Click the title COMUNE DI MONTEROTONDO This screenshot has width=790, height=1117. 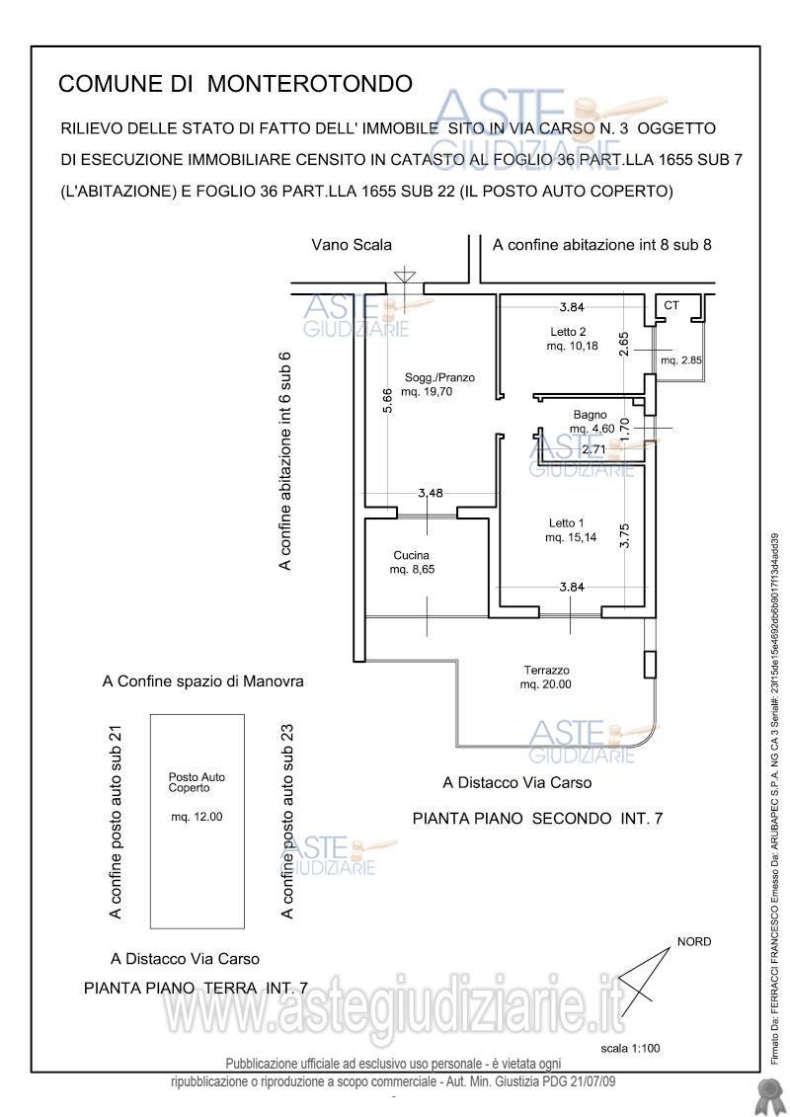pyautogui.click(x=235, y=83)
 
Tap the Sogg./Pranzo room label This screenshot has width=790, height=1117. pyautogui.click(x=439, y=377)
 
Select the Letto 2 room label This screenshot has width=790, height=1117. pyautogui.click(x=568, y=332)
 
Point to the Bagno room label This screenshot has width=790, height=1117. pyautogui.click(x=590, y=415)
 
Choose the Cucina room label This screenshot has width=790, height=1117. pyautogui.click(x=412, y=556)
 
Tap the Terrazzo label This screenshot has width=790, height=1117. pyautogui.click(x=546, y=671)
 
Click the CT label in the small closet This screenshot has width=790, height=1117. pyautogui.click(x=671, y=305)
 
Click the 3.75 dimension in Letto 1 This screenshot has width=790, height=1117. pyautogui.click(x=625, y=535)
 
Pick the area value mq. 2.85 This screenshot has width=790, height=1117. pyautogui.click(x=681, y=360)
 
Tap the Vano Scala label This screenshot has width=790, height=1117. pyautogui.click(x=352, y=245)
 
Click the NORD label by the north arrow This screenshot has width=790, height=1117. pyautogui.click(x=694, y=942)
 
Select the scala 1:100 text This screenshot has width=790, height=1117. pyautogui.click(x=630, y=1048)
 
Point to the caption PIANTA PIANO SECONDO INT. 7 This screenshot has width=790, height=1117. pyautogui.click(x=538, y=819)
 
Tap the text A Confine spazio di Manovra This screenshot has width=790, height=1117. pyautogui.click(x=203, y=681)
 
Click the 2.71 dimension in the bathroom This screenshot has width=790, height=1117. pyautogui.click(x=593, y=449)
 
